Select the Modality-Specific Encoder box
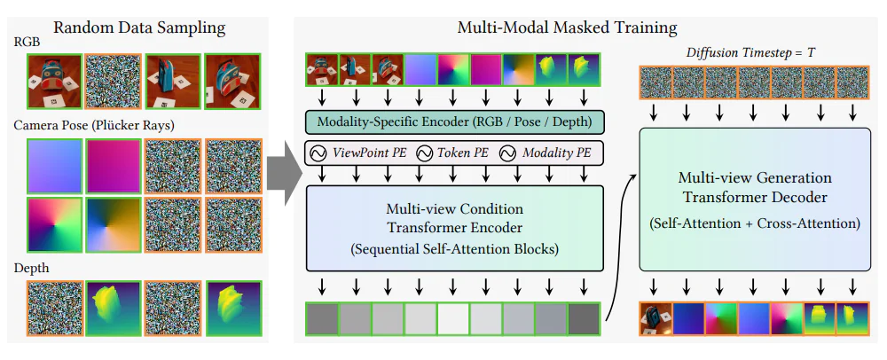(454, 121)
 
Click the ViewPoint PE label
(365, 153)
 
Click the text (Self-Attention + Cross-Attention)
(756, 225)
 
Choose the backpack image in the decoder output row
(655, 317)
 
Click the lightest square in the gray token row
(454, 317)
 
